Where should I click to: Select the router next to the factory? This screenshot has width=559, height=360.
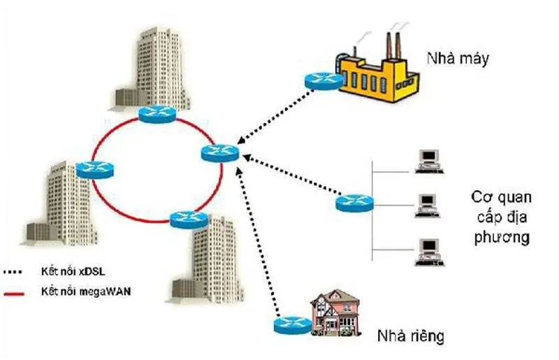[x=324, y=81]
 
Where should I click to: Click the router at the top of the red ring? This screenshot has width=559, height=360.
[x=159, y=113]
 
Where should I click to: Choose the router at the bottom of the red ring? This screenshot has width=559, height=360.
[x=189, y=219]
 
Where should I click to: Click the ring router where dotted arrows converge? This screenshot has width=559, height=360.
[x=220, y=153]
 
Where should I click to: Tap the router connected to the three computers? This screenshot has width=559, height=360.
[x=354, y=203]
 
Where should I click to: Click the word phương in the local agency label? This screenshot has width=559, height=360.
[x=500, y=238]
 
